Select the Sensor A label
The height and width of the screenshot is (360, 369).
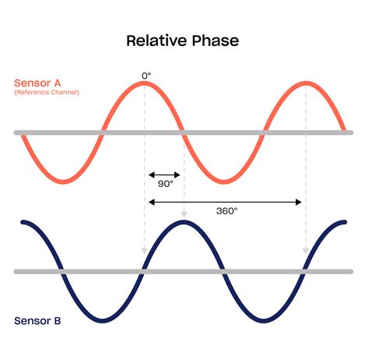click(37, 82)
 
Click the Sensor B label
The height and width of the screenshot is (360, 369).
click(37, 320)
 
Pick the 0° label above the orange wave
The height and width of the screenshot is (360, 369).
click(146, 75)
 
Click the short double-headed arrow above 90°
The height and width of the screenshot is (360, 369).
click(164, 175)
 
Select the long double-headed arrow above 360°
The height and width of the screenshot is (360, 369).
click(225, 201)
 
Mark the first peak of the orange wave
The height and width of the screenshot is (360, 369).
click(146, 83)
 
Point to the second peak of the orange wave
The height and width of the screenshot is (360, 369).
click(305, 83)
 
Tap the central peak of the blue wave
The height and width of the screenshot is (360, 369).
click(184, 224)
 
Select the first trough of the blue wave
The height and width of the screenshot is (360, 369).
click(104, 319)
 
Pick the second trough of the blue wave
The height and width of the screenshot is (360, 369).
click(264, 319)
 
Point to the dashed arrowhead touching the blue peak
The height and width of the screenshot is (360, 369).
click(184, 213)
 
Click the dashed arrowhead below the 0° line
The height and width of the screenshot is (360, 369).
click(145, 251)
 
